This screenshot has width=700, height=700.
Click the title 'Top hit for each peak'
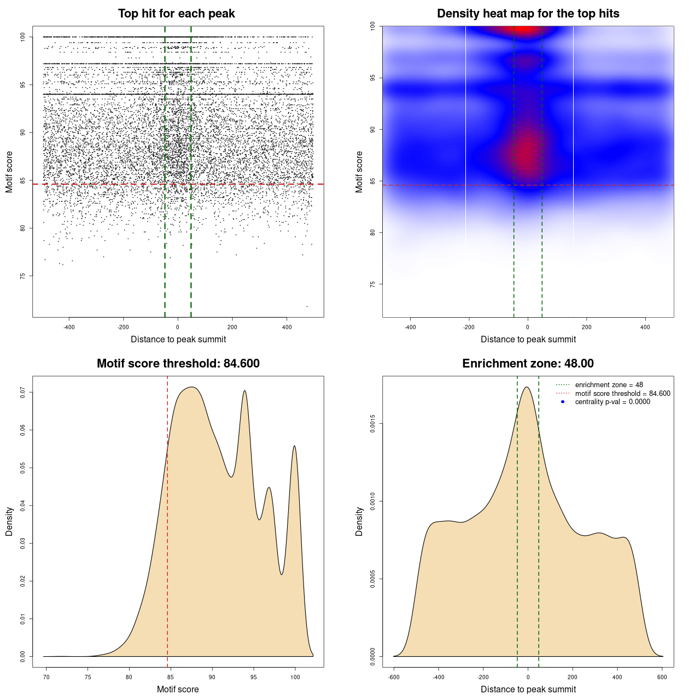click(x=176, y=14)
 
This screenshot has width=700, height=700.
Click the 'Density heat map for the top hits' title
click(x=528, y=14)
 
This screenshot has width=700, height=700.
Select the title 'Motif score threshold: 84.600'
click(x=178, y=364)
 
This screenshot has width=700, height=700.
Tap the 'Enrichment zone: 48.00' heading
click(x=528, y=364)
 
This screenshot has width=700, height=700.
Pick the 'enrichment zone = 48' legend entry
click(x=609, y=385)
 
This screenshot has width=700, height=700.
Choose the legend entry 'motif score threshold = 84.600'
click(x=622, y=393)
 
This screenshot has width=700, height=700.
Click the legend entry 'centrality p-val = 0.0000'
click(x=612, y=401)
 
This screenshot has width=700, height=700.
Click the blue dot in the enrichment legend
click(x=563, y=402)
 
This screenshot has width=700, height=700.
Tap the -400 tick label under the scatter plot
click(x=69, y=327)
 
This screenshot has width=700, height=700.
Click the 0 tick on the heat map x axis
click(x=528, y=327)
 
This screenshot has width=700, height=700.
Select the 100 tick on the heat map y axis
click(x=372, y=26)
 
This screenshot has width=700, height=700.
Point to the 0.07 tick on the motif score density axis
click(x=22, y=392)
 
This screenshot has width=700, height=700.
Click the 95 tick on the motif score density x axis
click(x=254, y=677)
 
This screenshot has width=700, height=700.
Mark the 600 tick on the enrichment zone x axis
click(x=662, y=677)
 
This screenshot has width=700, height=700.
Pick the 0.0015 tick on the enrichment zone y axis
click(x=372, y=424)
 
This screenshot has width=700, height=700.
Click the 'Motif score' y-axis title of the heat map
click(x=359, y=172)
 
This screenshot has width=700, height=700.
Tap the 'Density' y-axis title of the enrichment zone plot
click(x=359, y=521)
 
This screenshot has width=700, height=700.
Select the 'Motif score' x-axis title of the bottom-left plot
click(x=178, y=689)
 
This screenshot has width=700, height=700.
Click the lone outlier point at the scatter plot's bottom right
click(x=307, y=306)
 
